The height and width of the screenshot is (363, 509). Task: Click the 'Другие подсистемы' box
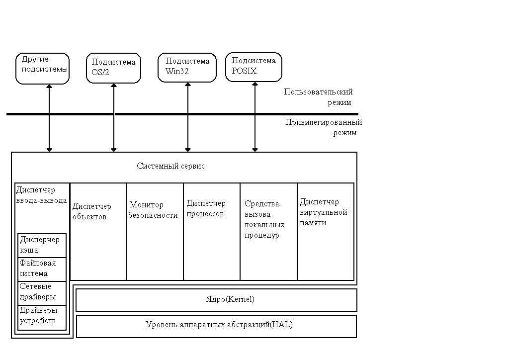coord(43,69)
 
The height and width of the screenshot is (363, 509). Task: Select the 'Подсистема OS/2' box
coord(113,68)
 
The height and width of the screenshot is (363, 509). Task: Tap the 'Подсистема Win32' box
coord(187,67)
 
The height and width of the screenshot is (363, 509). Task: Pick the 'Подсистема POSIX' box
coord(254,67)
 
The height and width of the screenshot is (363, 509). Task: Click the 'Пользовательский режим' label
coord(319,97)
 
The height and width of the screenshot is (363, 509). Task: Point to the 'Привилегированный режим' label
coord(324,127)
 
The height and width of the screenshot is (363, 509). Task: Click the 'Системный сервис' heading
coord(170,166)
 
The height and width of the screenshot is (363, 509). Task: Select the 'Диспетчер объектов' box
coord(98,232)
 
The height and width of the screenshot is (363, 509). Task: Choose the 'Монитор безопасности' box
coord(155,232)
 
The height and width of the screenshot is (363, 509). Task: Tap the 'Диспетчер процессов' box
coord(212,232)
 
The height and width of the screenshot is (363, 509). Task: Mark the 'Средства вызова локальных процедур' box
coord(268,232)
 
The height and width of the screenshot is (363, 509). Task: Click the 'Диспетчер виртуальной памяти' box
coord(326,232)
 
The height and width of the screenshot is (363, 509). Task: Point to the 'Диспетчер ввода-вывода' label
coord(41,195)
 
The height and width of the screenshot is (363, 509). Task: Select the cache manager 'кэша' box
coord(42,245)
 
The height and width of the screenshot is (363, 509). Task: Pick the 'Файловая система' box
coord(42,269)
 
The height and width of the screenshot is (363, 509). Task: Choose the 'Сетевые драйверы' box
coord(42,293)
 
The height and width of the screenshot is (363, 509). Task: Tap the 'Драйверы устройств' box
coord(42,316)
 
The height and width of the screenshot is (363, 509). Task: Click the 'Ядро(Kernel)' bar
coord(216,300)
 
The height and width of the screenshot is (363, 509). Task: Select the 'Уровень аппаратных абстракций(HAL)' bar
coord(216,326)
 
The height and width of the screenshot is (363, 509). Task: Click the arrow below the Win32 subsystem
coord(188,117)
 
